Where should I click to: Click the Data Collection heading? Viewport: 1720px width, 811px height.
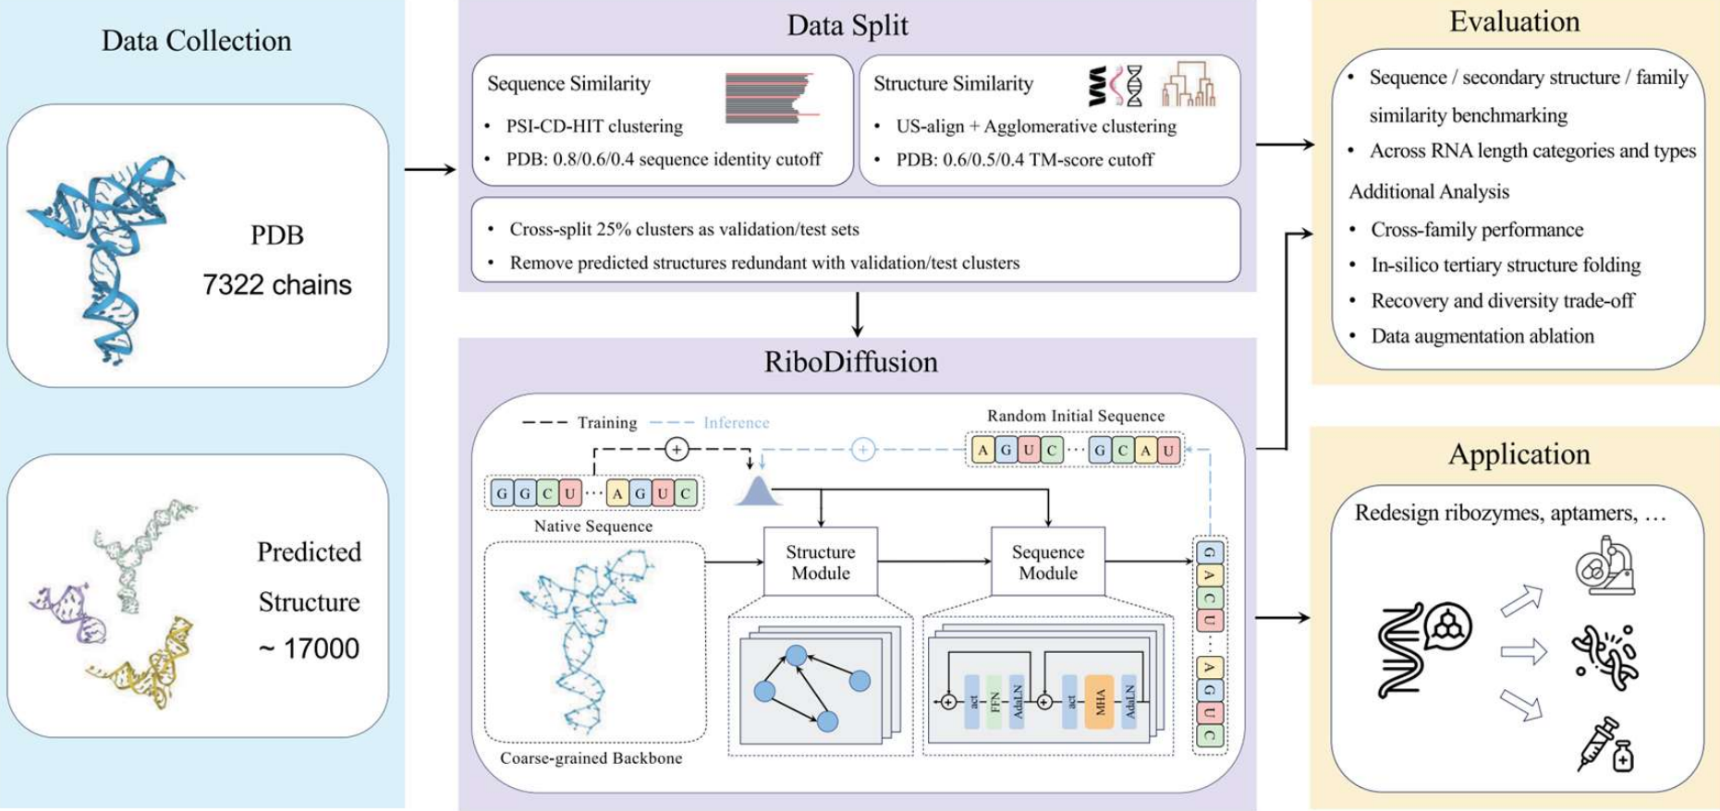196,41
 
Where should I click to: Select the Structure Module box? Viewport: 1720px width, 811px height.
820,562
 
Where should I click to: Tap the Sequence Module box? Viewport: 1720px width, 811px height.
1047,562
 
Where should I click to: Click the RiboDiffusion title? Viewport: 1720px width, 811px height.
850,361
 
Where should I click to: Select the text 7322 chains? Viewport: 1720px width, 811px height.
277,284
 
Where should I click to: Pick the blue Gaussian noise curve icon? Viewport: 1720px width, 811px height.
758,490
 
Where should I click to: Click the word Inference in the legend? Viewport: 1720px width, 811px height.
736,422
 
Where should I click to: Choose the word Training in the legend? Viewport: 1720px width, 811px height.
607,422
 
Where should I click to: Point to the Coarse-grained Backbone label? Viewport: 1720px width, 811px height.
591,757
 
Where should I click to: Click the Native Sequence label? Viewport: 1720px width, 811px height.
592,526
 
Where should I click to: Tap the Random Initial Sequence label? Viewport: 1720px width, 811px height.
1075,416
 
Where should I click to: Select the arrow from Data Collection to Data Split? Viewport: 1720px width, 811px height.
431,169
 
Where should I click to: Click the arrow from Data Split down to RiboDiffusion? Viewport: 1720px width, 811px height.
857,315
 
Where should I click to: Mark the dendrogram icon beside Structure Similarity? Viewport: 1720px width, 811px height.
1189,85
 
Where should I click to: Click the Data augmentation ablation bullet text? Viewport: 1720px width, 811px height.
1482,335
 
